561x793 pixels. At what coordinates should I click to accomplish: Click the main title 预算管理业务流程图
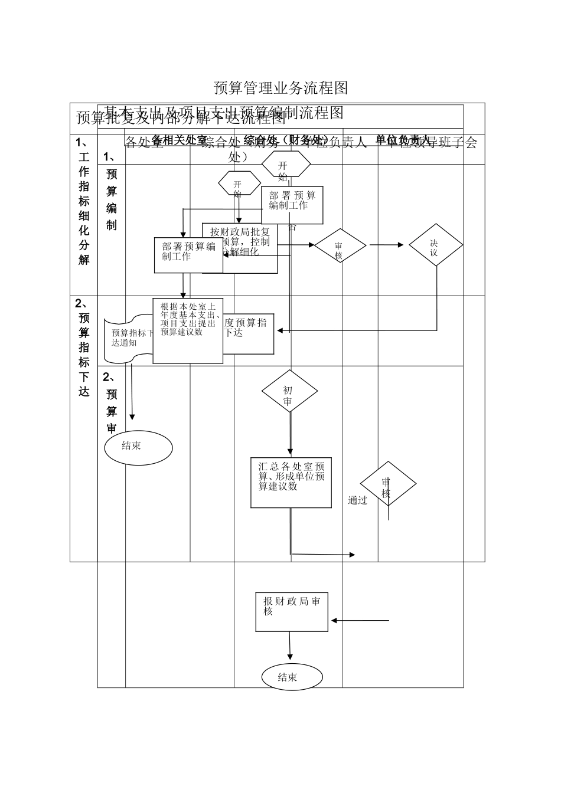(280, 89)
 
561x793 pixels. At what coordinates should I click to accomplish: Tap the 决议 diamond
(436, 245)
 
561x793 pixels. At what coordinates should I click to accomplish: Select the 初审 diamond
(289, 392)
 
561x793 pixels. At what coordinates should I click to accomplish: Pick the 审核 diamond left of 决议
(340, 247)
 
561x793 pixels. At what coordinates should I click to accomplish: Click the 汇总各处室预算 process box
(291, 482)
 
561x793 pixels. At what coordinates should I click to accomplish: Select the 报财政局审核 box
(292, 611)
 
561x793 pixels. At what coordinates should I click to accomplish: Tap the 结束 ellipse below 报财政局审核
(292, 677)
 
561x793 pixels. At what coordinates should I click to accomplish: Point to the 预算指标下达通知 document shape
(128, 339)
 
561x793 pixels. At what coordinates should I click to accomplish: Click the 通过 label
(357, 501)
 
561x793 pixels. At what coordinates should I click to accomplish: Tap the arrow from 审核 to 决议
(387, 245)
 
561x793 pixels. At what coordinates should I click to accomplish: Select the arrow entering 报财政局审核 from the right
(360, 620)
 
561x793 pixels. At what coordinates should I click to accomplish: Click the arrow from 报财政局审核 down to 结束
(289, 646)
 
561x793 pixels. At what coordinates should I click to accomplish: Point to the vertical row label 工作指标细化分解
(84, 201)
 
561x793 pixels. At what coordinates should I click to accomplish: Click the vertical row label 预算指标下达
(84, 348)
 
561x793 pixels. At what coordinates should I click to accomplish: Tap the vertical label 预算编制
(112, 199)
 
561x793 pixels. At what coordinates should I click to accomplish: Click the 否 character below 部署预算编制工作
(292, 228)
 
